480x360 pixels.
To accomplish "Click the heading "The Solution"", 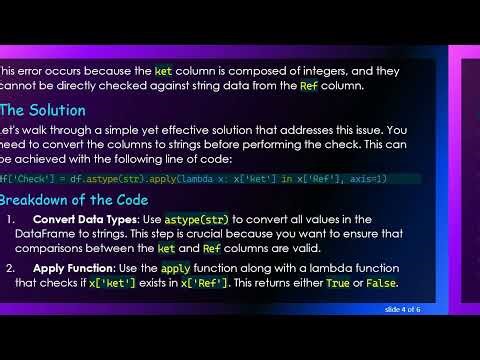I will (x=43, y=110).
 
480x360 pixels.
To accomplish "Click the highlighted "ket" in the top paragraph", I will (x=163, y=71).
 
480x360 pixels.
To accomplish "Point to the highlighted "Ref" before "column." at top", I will (x=310, y=87).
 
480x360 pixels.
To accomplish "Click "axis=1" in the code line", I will (x=366, y=179).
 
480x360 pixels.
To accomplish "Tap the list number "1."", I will (x=11, y=220).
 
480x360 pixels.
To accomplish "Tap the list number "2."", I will (x=11, y=268).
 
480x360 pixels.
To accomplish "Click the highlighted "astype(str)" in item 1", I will (x=200, y=220).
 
